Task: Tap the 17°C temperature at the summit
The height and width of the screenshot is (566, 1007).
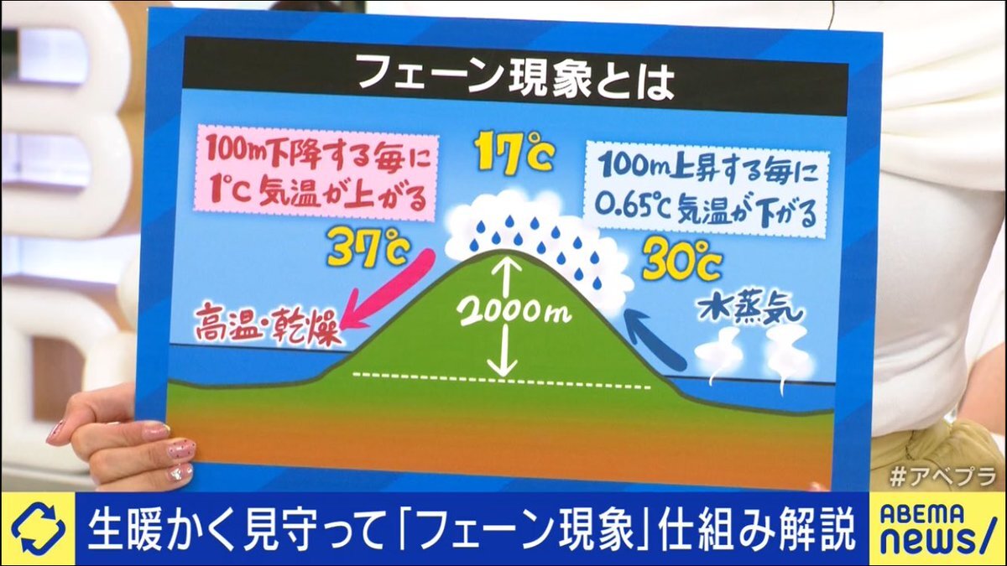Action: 514,154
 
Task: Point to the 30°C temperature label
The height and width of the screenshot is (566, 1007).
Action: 681,260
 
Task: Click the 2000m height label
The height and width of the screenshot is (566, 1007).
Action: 514,310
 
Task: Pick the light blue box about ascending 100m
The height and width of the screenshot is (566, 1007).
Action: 707,190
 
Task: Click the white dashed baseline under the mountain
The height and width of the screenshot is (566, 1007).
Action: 502,380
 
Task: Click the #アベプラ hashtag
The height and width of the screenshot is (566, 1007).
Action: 942,478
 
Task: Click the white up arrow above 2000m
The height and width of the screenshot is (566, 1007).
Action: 509,278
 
